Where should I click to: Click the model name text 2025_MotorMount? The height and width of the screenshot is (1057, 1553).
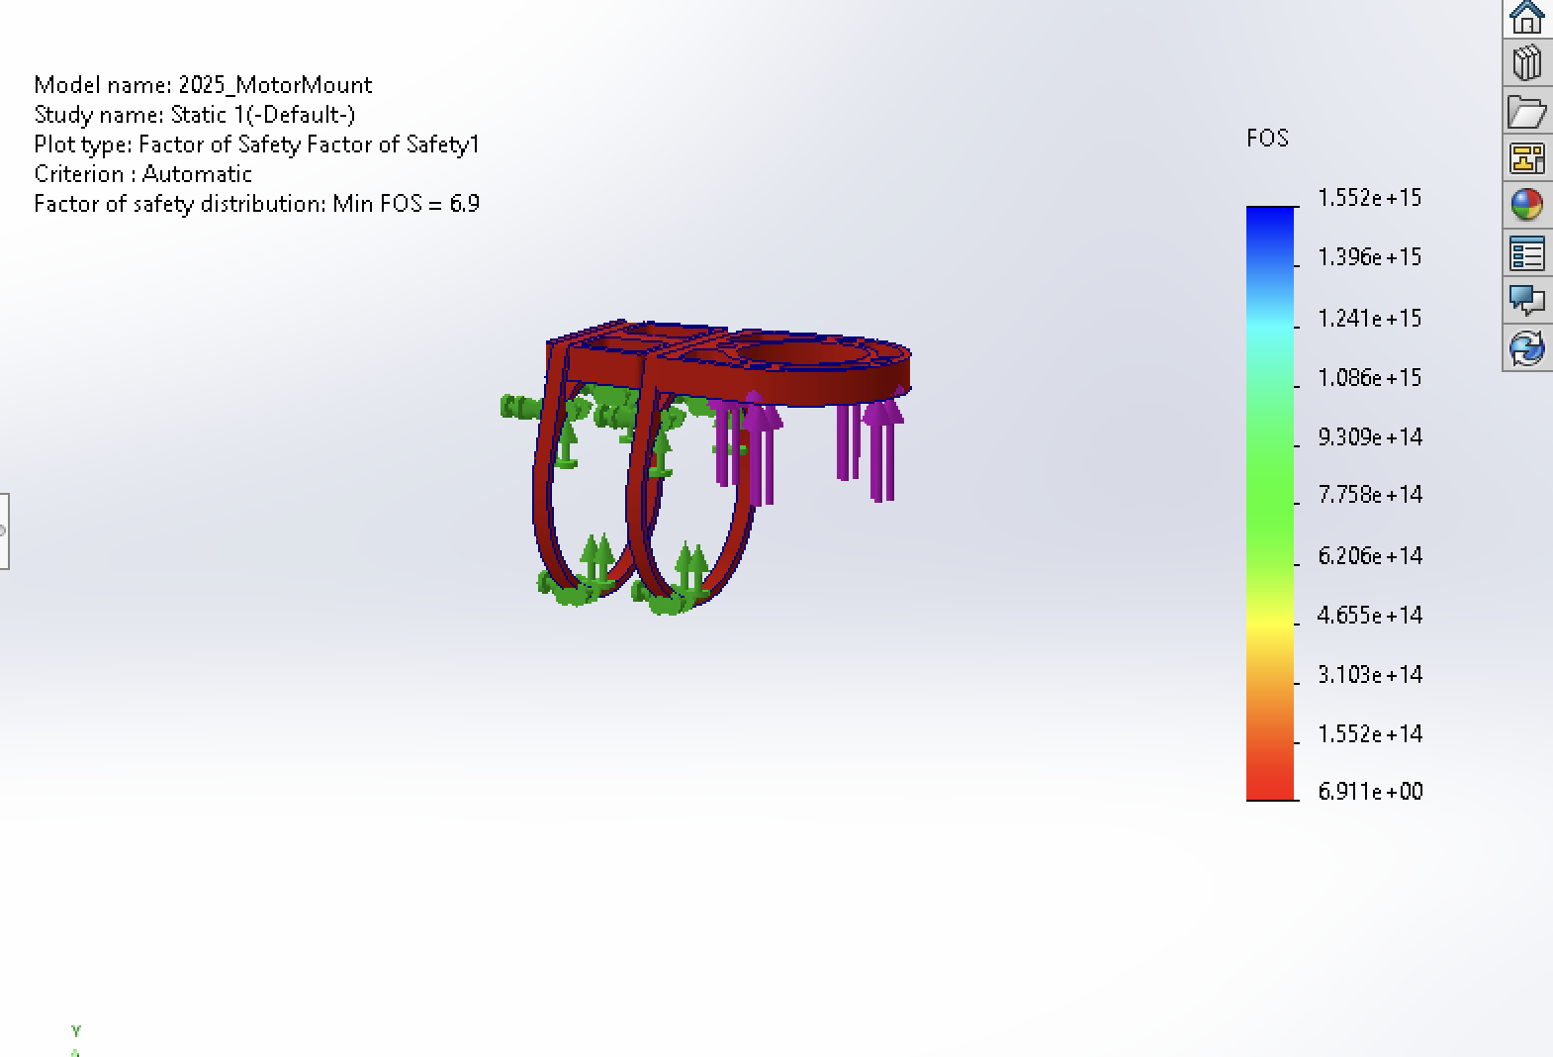(x=274, y=85)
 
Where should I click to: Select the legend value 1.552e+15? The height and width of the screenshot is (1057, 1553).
(x=1369, y=198)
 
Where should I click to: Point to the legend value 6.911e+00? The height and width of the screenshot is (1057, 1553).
(x=1369, y=792)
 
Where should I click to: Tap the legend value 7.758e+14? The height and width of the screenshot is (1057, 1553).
(x=1369, y=495)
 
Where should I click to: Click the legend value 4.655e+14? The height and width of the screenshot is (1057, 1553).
(x=1369, y=615)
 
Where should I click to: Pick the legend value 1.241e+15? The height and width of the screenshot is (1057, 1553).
(x=1369, y=318)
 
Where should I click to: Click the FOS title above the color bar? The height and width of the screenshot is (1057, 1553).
(x=1267, y=139)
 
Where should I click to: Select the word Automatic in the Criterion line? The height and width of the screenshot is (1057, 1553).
(x=197, y=174)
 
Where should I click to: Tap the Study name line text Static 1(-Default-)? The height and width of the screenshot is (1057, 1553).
(x=263, y=115)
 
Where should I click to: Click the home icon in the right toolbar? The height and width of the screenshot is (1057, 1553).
(x=1526, y=17)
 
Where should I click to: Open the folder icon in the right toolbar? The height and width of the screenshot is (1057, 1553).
(x=1526, y=111)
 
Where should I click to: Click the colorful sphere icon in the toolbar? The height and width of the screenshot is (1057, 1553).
(x=1526, y=205)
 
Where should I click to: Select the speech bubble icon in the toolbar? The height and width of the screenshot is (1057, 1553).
(x=1526, y=299)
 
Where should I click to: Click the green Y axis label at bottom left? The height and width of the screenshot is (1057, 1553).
(x=76, y=1031)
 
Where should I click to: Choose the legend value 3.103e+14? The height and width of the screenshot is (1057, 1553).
(x=1369, y=674)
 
